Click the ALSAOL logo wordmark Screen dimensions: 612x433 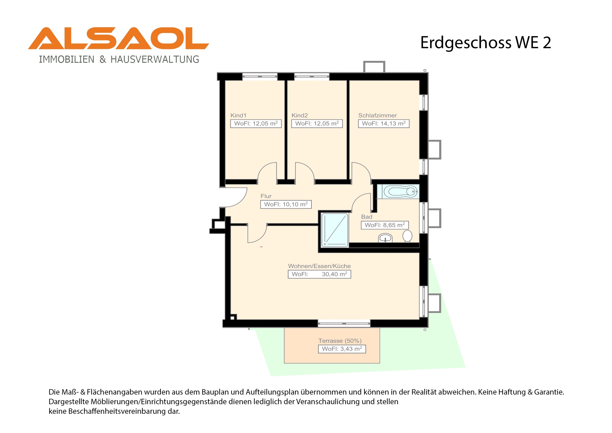118,38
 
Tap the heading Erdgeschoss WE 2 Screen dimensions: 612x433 486,43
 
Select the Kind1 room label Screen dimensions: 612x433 238,116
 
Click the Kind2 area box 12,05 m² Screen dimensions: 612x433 317,123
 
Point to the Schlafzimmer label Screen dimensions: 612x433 377,116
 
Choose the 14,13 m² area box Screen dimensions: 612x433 383,123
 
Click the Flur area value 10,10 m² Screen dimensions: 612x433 286,204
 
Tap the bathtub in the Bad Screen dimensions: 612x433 400,192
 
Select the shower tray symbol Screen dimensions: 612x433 335,230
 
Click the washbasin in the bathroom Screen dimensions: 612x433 385,238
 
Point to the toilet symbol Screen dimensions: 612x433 407,236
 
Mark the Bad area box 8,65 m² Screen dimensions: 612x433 385,225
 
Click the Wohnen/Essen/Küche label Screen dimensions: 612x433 319,266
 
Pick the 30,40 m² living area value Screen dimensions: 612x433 334,274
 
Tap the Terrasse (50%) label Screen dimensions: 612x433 340,341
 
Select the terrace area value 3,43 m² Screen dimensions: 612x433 342,349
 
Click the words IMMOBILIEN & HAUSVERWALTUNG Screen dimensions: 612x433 119,59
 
